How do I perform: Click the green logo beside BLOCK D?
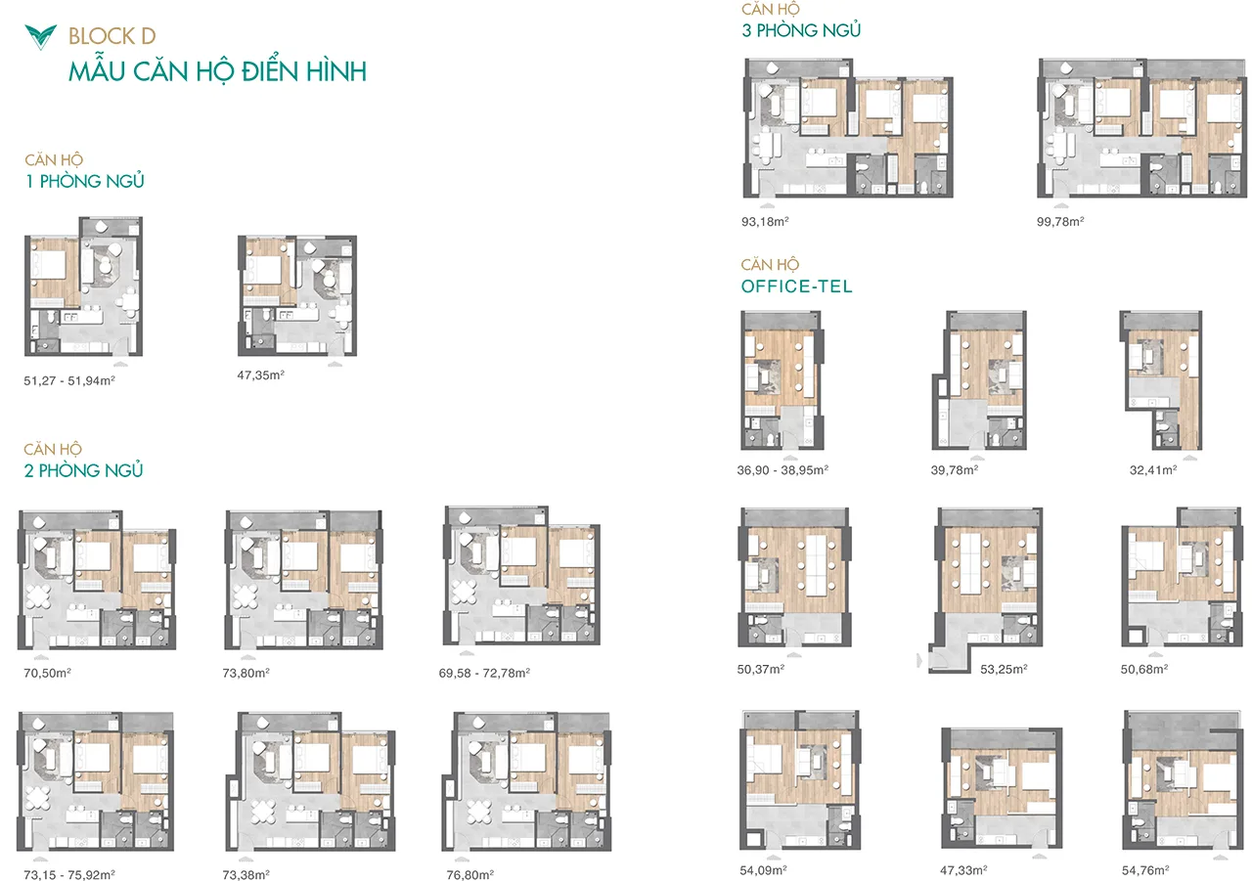coord(40,37)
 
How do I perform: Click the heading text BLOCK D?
coord(112,36)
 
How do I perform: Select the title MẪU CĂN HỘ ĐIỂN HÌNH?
coord(217,72)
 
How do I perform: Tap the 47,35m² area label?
coord(260,374)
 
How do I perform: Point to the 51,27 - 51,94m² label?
coord(69,380)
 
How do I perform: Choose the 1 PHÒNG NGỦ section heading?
coord(85,181)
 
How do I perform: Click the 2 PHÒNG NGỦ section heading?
coord(84,470)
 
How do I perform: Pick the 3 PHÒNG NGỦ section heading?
coord(801,30)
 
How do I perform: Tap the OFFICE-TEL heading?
coord(797,286)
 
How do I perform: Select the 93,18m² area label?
coord(765,222)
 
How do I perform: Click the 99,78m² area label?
coord(1060,222)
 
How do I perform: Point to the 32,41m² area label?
coord(1153,469)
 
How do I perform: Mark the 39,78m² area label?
coord(954,469)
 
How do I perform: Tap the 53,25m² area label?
coord(1004,669)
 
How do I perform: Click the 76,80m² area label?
coord(470,874)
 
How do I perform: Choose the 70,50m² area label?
coord(47,673)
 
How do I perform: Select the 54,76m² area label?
coord(1145,870)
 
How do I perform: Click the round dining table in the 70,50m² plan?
coord(37,595)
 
